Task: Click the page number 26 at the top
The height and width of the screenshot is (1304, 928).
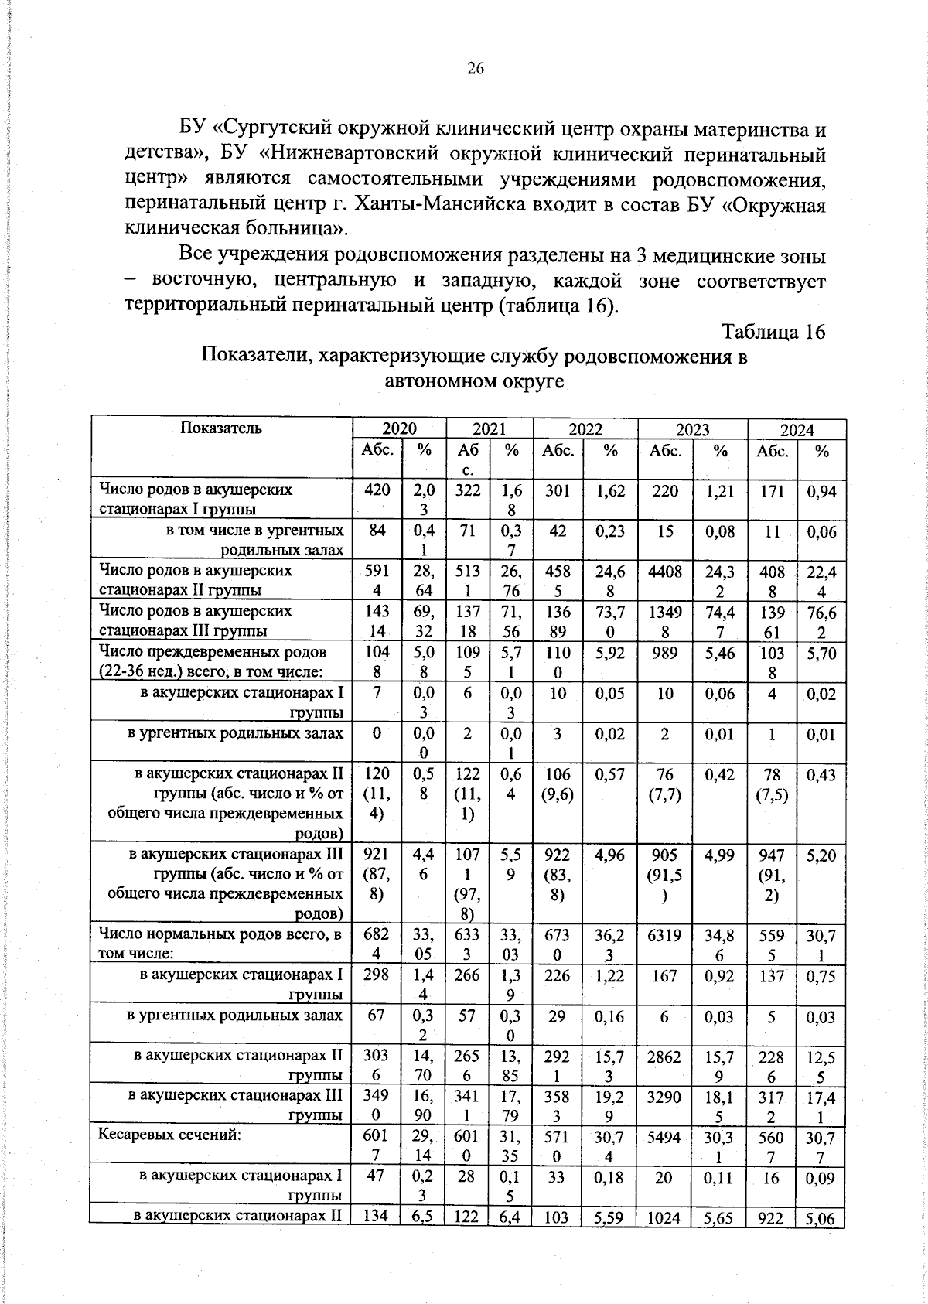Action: (x=475, y=69)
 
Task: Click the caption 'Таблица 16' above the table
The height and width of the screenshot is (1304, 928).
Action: (x=773, y=332)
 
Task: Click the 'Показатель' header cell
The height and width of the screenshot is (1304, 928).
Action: (x=221, y=428)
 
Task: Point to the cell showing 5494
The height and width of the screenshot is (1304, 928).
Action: (x=665, y=1138)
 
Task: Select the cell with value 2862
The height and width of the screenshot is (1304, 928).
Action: (x=665, y=1057)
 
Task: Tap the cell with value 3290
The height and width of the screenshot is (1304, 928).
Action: (x=665, y=1097)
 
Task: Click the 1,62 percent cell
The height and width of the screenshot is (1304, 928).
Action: (x=610, y=490)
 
